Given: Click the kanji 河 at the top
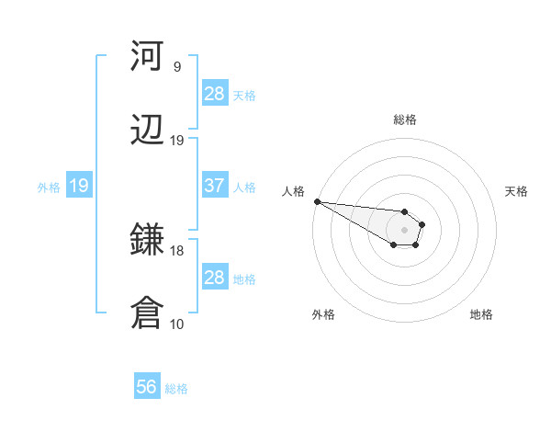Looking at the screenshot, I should click(x=147, y=57).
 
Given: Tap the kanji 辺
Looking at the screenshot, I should click(x=147, y=131).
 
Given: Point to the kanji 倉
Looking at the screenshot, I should click(x=147, y=313).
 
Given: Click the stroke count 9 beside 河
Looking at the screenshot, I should click(x=177, y=67).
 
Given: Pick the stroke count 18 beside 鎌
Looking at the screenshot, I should click(x=177, y=250).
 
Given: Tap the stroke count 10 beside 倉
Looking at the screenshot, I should click(x=177, y=324).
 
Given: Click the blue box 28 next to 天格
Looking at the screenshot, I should click(x=214, y=93).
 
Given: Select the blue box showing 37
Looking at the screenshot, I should click(x=214, y=185).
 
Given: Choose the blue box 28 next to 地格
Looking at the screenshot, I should click(x=214, y=277).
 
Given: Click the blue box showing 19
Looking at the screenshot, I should click(x=78, y=186).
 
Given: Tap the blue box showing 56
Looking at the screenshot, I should click(x=146, y=387).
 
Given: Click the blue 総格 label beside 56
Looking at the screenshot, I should click(x=176, y=389).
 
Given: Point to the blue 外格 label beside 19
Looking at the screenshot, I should click(x=49, y=187).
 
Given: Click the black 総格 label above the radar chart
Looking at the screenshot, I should click(x=405, y=119).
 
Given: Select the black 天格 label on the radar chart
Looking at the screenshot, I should click(x=517, y=191).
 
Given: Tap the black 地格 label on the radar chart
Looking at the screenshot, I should click(x=481, y=314).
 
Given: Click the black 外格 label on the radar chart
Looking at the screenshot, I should click(x=323, y=314).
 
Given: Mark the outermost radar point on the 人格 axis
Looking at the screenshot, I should click(x=316, y=201).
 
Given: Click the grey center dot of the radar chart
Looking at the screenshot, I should click(x=405, y=230).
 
